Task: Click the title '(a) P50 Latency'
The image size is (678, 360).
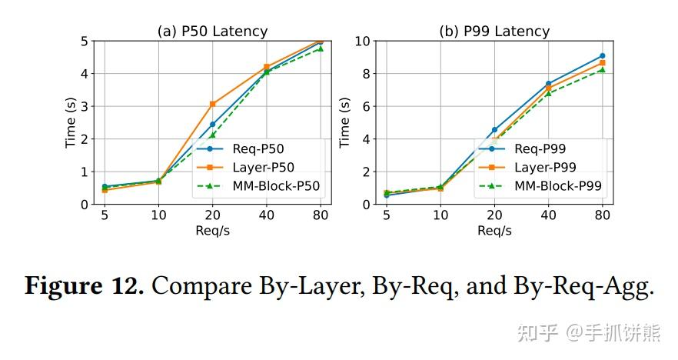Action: tap(212, 32)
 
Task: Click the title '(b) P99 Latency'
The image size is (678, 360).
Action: tap(494, 32)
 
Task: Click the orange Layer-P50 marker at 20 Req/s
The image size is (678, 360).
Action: tap(213, 104)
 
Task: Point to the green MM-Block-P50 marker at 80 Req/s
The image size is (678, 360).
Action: tap(321, 48)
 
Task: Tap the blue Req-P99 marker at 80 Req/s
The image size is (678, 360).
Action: tap(602, 55)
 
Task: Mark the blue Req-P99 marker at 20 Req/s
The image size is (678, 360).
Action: tap(494, 129)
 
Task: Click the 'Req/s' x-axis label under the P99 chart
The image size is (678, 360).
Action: tap(494, 231)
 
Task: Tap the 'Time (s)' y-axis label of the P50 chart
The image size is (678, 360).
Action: tap(71, 122)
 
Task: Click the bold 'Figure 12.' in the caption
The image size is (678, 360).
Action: tap(85, 286)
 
